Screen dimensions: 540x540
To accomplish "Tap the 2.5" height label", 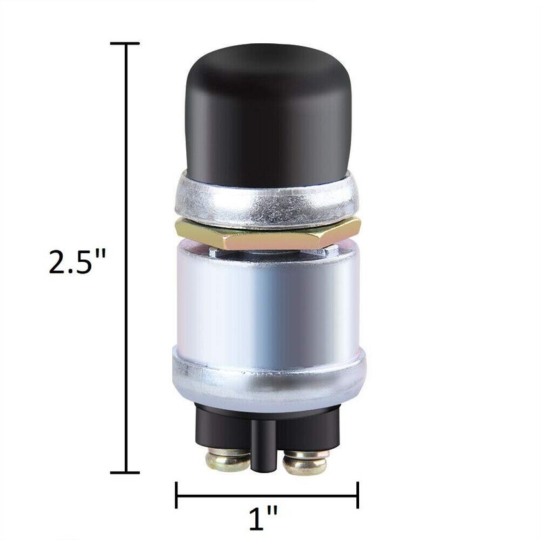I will (78, 261).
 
